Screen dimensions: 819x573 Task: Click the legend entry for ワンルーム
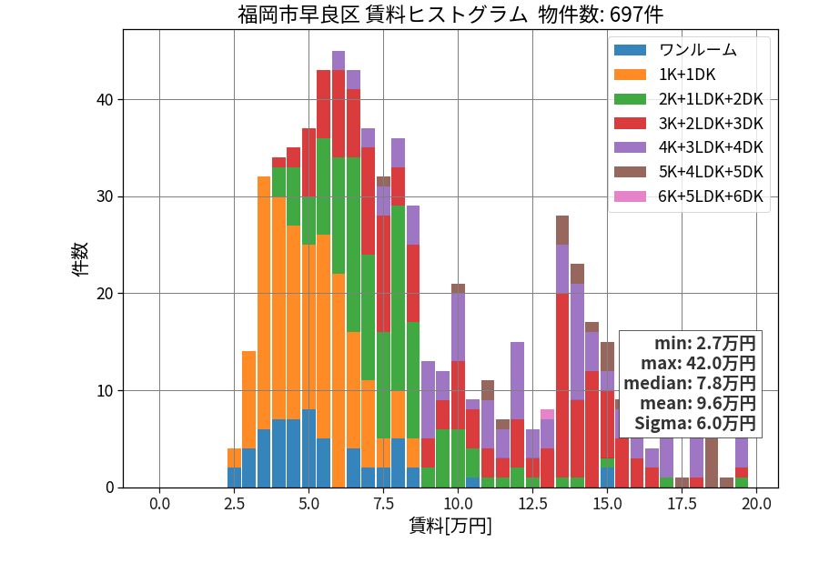[675, 50]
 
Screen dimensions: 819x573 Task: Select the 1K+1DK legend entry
[665, 75]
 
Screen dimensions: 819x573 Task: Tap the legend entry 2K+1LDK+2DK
[689, 98]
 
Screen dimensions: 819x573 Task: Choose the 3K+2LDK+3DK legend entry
[689, 123]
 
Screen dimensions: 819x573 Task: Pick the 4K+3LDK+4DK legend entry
[689, 147]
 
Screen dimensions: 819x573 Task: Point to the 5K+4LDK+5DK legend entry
[689, 172]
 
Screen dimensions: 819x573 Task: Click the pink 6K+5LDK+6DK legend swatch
[630, 196]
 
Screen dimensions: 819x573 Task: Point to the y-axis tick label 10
[105, 391]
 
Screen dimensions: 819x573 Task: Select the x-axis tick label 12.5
[532, 504]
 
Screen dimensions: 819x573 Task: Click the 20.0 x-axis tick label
[757, 504]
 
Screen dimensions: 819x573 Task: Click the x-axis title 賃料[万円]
[450, 526]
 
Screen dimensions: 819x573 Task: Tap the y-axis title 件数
[80, 259]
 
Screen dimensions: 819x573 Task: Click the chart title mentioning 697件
[450, 14]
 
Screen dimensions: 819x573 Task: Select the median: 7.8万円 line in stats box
[690, 383]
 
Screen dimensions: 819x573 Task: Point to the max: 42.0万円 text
[698, 363]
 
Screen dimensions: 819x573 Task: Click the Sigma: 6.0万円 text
[695, 423]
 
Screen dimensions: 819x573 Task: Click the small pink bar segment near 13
[548, 415]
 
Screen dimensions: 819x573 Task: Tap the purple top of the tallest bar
[339, 61]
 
